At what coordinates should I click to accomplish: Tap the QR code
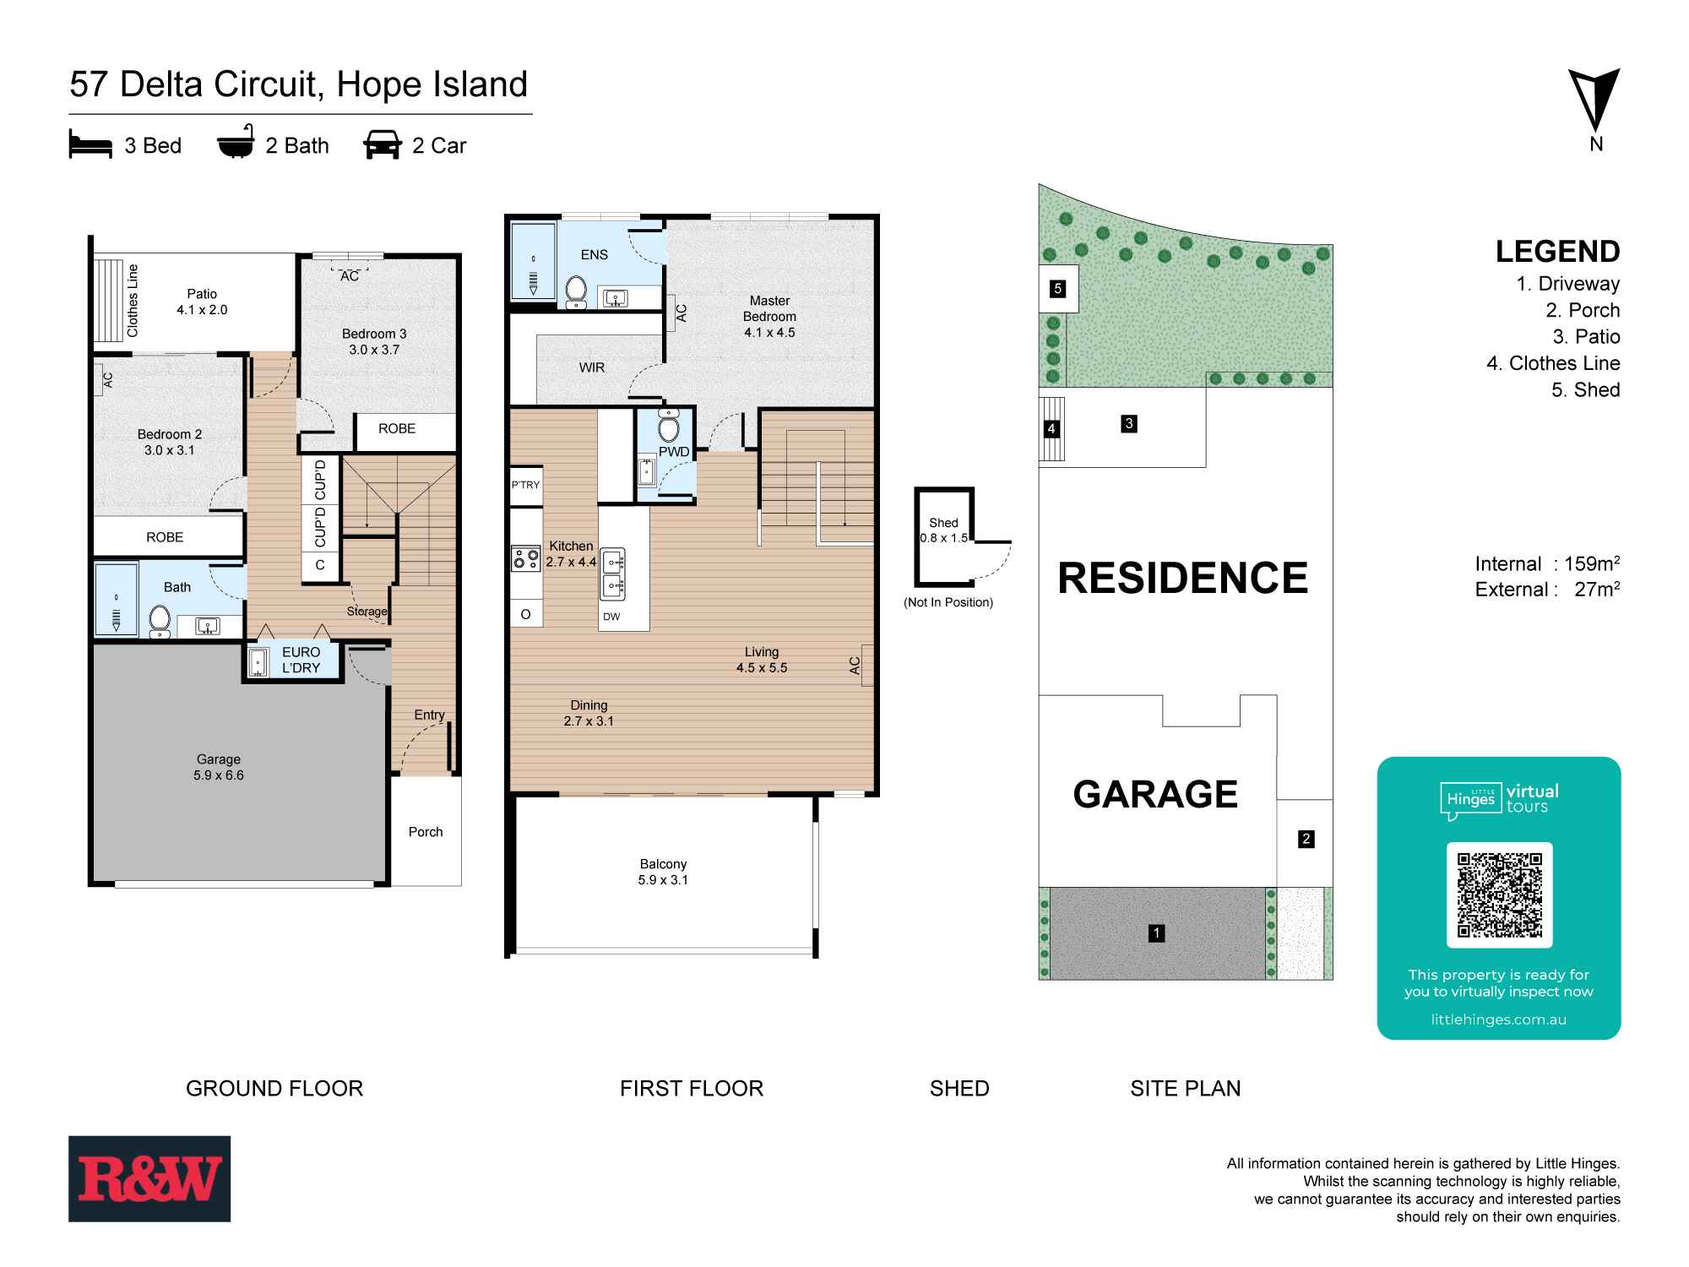coord(1499,895)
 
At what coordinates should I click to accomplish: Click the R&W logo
coord(149,1178)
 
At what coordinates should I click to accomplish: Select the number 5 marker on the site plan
coord(1058,289)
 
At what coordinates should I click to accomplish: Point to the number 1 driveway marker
coord(1156,933)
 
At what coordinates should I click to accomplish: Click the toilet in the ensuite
coord(576,289)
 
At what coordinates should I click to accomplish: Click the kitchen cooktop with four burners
coord(525,557)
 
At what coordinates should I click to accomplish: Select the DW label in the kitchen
coord(611,617)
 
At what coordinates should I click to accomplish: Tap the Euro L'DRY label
coord(301,660)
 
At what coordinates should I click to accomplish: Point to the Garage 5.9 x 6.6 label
coord(219,767)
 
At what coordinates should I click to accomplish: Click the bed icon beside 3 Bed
coord(90,145)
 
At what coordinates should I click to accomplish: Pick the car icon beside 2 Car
coord(383,145)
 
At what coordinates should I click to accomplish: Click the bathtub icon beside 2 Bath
coord(236,145)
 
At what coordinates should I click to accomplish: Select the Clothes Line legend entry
coord(1553,363)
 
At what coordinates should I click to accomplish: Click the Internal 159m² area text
coord(1547,563)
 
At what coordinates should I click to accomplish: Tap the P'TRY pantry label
coord(525,485)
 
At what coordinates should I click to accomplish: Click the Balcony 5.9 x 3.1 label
coord(663,872)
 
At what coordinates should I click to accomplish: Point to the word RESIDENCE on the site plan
coord(1182,579)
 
